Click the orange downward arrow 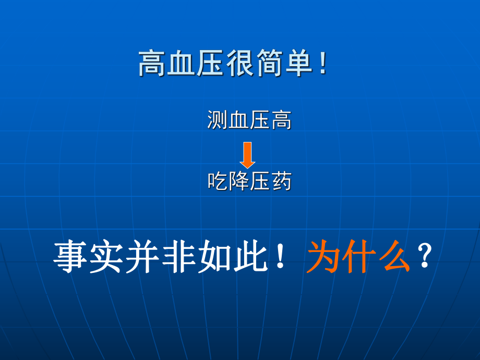click(x=247, y=155)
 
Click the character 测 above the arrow click(x=217, y=121)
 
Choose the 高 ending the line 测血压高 click(x=281, y=121)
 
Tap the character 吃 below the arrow click(x=217, y=181)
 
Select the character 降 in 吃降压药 click(x=238, y=181)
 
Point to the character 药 click(x=281, y=181)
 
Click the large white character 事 click(x=70, y=257)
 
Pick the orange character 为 click(x=323, y=257)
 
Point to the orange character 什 click(x=358, y=257)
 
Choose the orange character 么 click(x=393, y=257)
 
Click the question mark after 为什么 click(x=424, y=257)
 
